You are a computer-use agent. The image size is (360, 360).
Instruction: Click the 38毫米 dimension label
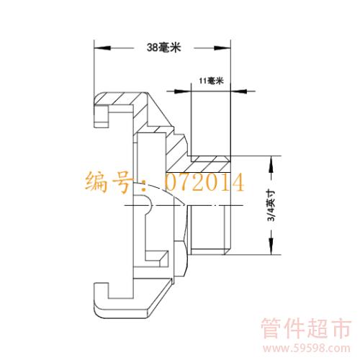tap(163, 48)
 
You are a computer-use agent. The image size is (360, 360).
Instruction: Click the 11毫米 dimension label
tap(211, 81)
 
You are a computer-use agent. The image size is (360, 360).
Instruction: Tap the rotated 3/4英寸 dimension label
tap(271, 205)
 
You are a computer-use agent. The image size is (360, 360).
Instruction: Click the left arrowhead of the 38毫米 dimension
tap(102, 48)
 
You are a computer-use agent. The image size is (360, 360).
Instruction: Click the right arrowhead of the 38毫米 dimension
tap(222, 48)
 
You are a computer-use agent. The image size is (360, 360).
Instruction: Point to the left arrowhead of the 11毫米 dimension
tap(183, 91)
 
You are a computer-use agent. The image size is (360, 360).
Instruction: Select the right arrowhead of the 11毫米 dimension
tap(238, 91)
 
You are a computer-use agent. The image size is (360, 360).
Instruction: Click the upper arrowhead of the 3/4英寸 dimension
tap(271, 164)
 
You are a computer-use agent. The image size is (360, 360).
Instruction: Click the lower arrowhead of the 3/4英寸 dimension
tap(271, 246)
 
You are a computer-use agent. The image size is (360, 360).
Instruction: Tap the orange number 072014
tap(204, 182)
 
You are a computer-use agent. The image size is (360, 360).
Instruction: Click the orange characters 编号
tap(109, 181)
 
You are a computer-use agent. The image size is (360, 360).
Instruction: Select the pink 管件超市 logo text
tap(306, 328)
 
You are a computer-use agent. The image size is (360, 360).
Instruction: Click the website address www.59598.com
tap(307, 348)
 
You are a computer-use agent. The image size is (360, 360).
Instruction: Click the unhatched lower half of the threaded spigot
tap(208, 230)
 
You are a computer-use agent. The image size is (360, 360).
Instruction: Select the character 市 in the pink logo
tap(341, 328)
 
